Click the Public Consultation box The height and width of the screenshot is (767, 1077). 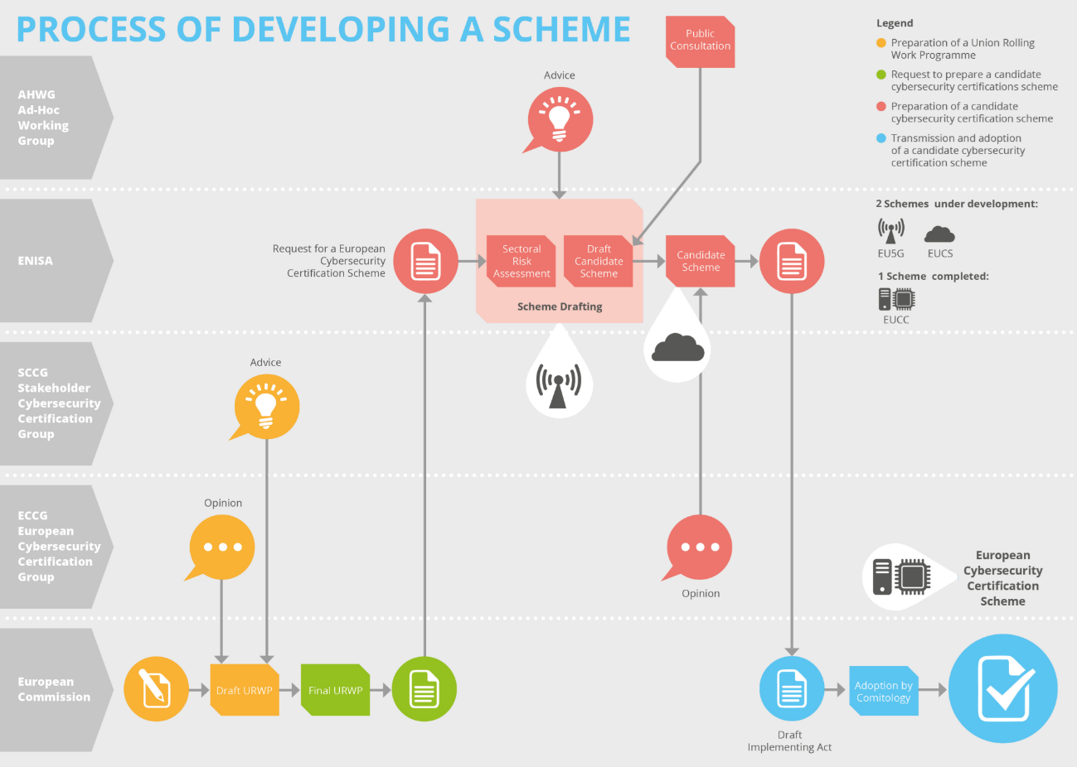(x=701, y=41)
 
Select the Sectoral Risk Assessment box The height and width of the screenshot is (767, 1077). (x=522, y=261)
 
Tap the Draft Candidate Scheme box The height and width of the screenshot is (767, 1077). (x=599, y=261)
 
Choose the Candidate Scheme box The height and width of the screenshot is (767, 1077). (x=701, y=261)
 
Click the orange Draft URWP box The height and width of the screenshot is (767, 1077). (x=245, y=689)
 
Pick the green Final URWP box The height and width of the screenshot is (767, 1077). (x=335, y=689)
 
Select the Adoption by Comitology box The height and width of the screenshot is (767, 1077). (x=884, y=691)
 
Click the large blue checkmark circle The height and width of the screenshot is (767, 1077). (x=1002, y=688)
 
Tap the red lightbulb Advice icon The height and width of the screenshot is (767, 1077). (x=560, y=119)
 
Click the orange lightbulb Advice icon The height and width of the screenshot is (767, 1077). (x=266, y=407)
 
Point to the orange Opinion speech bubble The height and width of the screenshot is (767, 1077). (x=221, y=548)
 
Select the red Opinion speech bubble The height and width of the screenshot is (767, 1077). (x=700, y=548)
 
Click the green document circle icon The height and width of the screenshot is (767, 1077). (x=424, y=689)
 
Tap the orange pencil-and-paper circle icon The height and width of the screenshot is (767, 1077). (x=156, y=689)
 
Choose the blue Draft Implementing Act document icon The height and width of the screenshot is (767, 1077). (x=792, y=689)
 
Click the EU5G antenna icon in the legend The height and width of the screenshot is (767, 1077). (x=891, y=230)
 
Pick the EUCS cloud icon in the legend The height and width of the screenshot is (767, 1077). (x=939, y=234)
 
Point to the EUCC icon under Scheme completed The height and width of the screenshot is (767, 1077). (x=896, y=298)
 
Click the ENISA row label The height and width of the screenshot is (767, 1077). (x=36, y=261)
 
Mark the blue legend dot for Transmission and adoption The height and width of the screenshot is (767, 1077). (x=881, y=138)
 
